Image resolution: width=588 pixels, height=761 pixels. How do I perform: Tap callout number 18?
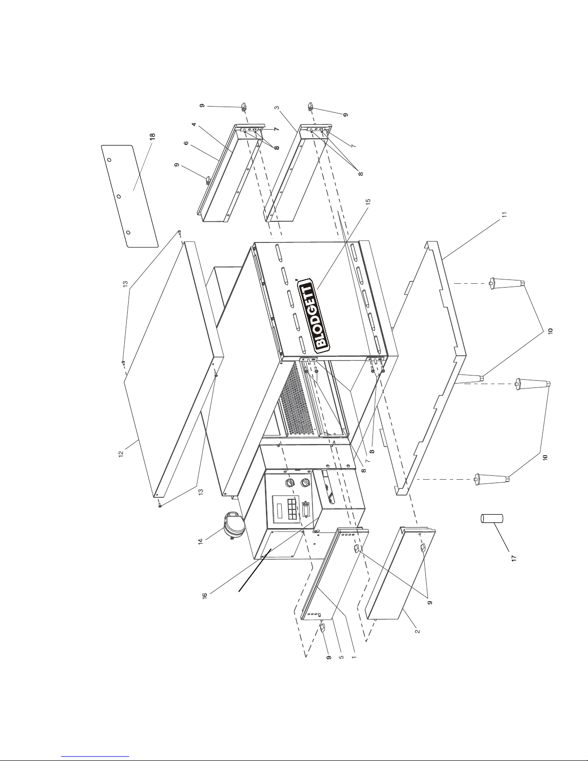[x=152, y=136]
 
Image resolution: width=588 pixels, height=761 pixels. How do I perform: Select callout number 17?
[x=514, y=558]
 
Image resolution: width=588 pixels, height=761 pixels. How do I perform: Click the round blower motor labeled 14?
[x=232, y=524]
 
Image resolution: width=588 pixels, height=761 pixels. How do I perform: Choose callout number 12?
[x=121, y=454]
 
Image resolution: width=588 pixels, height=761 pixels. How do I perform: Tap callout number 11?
[x=504, y=215]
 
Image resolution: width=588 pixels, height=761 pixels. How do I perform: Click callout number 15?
[x=368, y=202]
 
